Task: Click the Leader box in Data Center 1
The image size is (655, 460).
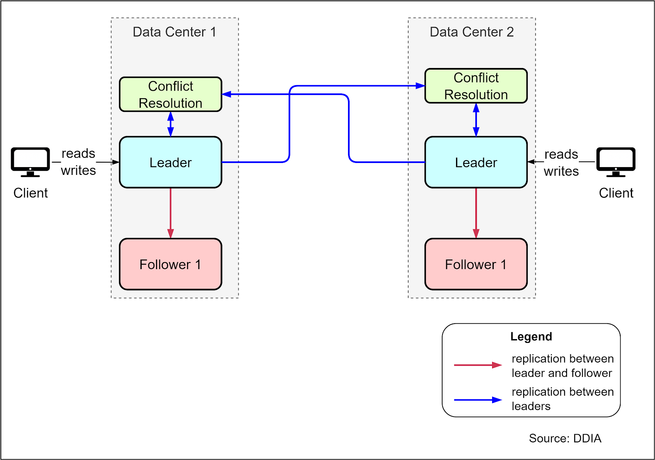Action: coord(170,162)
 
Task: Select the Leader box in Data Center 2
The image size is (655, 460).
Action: coord(476,162)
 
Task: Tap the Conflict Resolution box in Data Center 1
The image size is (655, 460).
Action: coord(170,94)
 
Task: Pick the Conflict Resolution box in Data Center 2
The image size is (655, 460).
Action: coord(476,86)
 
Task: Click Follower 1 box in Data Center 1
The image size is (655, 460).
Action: coord(170,264)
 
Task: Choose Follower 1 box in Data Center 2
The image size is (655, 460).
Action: coord(476,264)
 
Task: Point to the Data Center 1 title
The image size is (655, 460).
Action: coord(174,32)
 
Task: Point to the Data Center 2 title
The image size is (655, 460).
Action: coord(472,32)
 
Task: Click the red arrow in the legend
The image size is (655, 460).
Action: coord(477,365)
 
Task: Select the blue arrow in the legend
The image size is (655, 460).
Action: coord(477,400)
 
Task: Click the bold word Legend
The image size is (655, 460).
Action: coord(531,337)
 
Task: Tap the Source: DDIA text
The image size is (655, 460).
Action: coord(565,438)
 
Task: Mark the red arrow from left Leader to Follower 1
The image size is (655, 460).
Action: coord(171,213)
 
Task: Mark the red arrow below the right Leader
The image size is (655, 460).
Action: coord(476,213)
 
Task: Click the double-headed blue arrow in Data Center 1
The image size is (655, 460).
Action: coord(171,124)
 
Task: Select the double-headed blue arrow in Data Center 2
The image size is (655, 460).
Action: coord(476,120)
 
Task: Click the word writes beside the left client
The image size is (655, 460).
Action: coord(78,170)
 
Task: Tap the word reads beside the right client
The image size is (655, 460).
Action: coord(561,154)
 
